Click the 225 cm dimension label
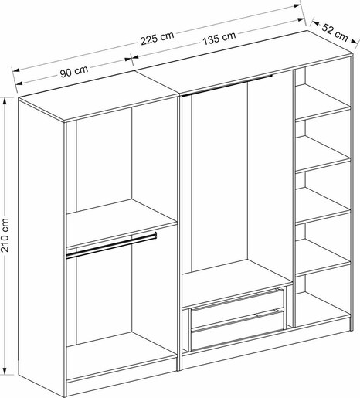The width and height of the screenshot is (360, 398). coord(157,38)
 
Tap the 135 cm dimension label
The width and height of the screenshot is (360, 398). coord(219,38)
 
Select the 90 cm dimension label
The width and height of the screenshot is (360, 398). coord(74,71)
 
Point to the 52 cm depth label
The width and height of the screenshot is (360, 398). coord(335,32)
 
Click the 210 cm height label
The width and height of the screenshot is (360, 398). coord(5,235)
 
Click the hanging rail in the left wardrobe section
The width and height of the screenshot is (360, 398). coord(111,245)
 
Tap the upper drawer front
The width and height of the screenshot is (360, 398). coord(237,310)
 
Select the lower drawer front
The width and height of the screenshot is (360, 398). coord(237,331)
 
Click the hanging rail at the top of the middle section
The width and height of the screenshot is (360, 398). coord(227,85)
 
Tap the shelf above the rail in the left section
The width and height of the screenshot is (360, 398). coord(121,222)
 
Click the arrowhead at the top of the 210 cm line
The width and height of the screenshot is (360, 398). coord(5,101)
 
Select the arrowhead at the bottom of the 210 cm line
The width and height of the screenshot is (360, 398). coord(5,370)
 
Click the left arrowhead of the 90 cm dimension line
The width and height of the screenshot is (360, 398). coord(19,83)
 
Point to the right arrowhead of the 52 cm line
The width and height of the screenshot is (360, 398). coord(355,42)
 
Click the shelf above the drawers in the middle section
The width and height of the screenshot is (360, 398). coord(237,284)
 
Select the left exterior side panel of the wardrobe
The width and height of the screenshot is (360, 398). coord(41,247)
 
